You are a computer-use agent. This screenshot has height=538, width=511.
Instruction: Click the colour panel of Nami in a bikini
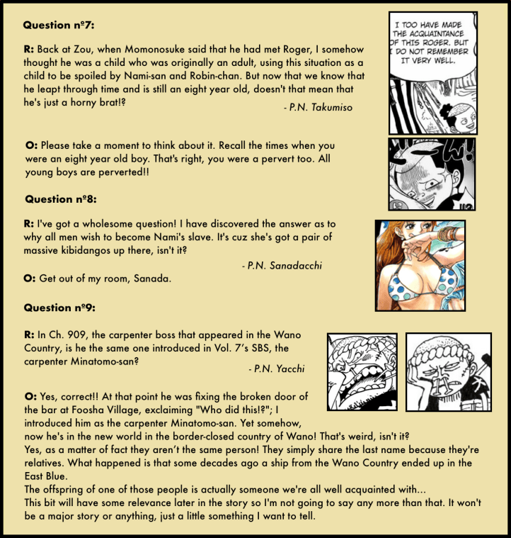point(420,265)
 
